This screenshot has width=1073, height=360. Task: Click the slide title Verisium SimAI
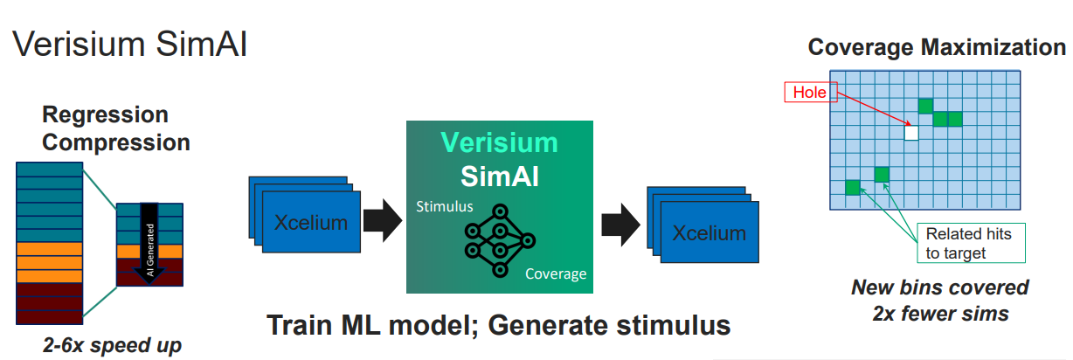(x=129, y=44)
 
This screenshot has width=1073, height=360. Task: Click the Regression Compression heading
(x=116, y=128)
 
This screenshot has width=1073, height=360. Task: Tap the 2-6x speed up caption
(x=113, y=344)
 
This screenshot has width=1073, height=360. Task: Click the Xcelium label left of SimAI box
(x=310, y=222)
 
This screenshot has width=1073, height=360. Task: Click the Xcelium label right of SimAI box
(x=709, y=232)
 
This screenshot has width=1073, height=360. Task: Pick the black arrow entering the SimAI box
(x=381, y=222)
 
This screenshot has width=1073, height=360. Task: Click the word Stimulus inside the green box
(x=444, y=206)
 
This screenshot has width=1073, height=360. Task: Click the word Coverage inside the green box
(x=555, y=274)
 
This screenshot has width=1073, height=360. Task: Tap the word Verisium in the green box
(x=499, y=142)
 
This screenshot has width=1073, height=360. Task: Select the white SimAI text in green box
(x=499, y=176)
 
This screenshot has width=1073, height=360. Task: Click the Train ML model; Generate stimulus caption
(x=498, y=325)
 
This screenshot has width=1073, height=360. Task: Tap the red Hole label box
(x=810, y=92)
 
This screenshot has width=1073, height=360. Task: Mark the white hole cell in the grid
(x=911, y=133)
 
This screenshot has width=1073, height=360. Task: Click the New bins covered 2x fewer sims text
(x=940, y=300)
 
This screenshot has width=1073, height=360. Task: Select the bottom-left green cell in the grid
(x=852, y=186)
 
